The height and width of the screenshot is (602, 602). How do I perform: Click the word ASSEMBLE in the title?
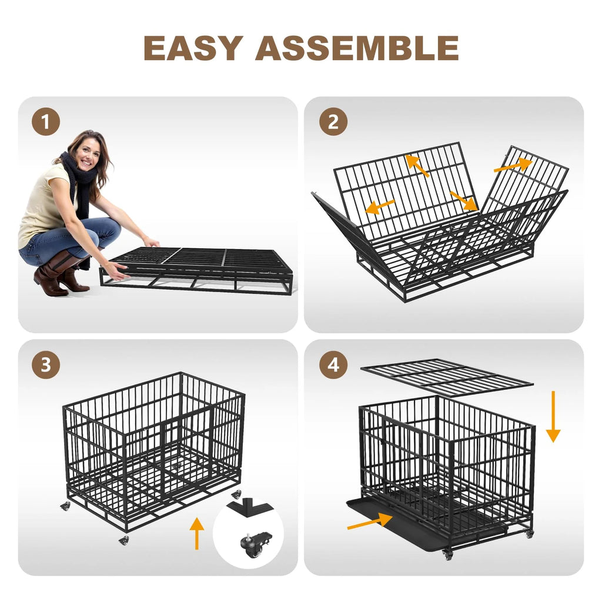(357, 48)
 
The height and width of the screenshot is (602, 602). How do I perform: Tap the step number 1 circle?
(46, 123)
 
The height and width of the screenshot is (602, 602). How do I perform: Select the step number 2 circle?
(333, 123)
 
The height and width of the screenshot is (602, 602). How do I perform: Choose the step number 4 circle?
(333, 366)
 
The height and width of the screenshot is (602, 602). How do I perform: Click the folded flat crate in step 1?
(200, 267)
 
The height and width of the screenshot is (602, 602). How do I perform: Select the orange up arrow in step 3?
(197, 533)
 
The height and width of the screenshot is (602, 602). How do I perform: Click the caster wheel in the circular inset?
(254, 546)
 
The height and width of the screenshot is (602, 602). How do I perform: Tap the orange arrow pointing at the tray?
(369, 520)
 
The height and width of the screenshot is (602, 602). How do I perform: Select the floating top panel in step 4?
(447, 376)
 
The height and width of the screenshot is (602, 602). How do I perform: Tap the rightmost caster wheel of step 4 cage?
(529, 533)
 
